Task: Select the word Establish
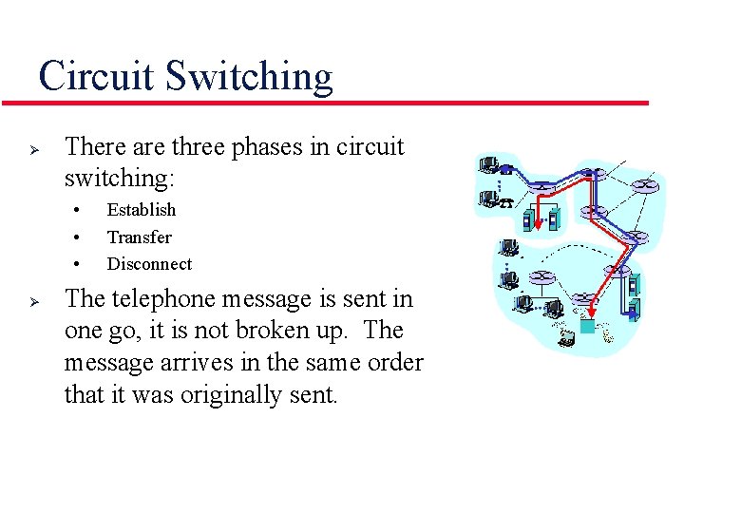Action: click(141, 210)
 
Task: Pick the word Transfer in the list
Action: click(139, 237)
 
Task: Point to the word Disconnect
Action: click(149, 264)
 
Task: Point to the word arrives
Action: click(218, 363)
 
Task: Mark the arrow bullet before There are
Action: click(31, 149)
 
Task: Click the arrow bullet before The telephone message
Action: click(31, 300)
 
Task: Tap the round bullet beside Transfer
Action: click(75, 237)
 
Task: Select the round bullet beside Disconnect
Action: click(75, 264)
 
